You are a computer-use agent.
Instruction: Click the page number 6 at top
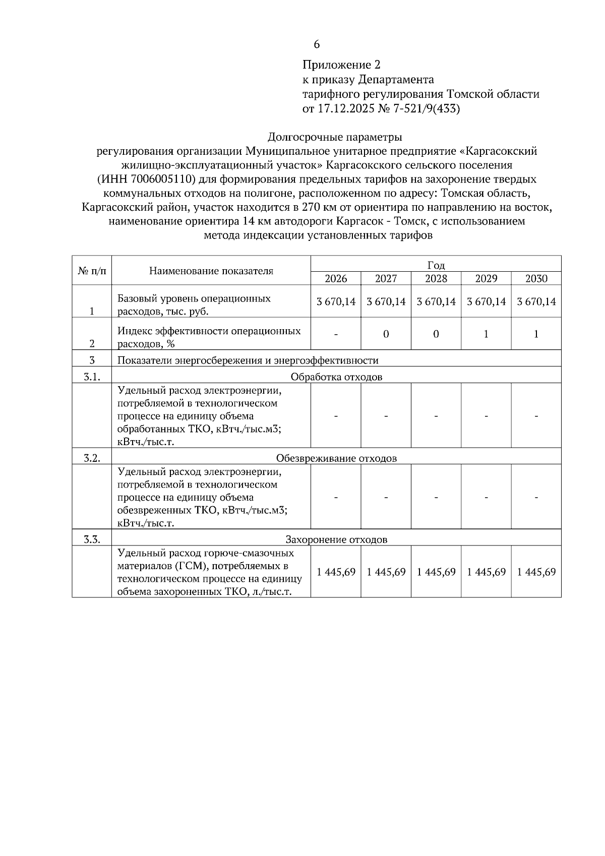(x=317, y=44)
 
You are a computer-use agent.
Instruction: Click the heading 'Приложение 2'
(x=341, y=65)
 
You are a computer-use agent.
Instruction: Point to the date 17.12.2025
(x=345, y=108)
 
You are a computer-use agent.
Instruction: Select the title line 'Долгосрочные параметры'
(x=335, y=137)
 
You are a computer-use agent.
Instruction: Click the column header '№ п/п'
(x=92, y=271)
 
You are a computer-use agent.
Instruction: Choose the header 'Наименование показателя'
(x=211, y=271)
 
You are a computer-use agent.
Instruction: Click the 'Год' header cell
(x=436, y=265)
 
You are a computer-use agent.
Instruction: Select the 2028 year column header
(x=436, y=278)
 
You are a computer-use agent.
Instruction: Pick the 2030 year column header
(x=536, y=278)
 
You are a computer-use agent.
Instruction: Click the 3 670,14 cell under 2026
(x=336, y=301)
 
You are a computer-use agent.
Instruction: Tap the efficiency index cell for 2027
(x=386, y=334)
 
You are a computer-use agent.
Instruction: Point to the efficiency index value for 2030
(x=536, y=334)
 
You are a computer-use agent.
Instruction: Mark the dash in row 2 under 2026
(x=336, y=334)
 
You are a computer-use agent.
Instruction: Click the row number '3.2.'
(x=92, y=458)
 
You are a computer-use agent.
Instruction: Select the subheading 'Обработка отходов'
(x=336, y=377)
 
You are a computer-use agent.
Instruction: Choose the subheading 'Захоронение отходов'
(x=336, y=539)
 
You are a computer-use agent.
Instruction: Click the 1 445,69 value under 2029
(x=487, y=572)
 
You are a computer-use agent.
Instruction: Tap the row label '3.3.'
(x=92, y=539)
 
